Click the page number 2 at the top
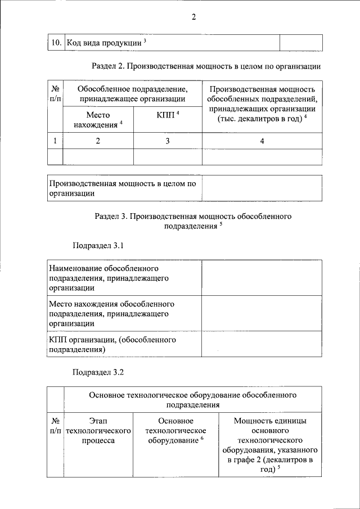193,17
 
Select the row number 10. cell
56,42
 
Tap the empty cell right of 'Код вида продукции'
301,42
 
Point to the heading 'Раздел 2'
206,66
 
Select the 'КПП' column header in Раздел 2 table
168,115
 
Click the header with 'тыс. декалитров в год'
262,104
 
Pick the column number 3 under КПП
168,141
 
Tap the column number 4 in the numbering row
262,141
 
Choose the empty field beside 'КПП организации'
262,345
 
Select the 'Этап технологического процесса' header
98,431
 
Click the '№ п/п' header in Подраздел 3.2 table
56,426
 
